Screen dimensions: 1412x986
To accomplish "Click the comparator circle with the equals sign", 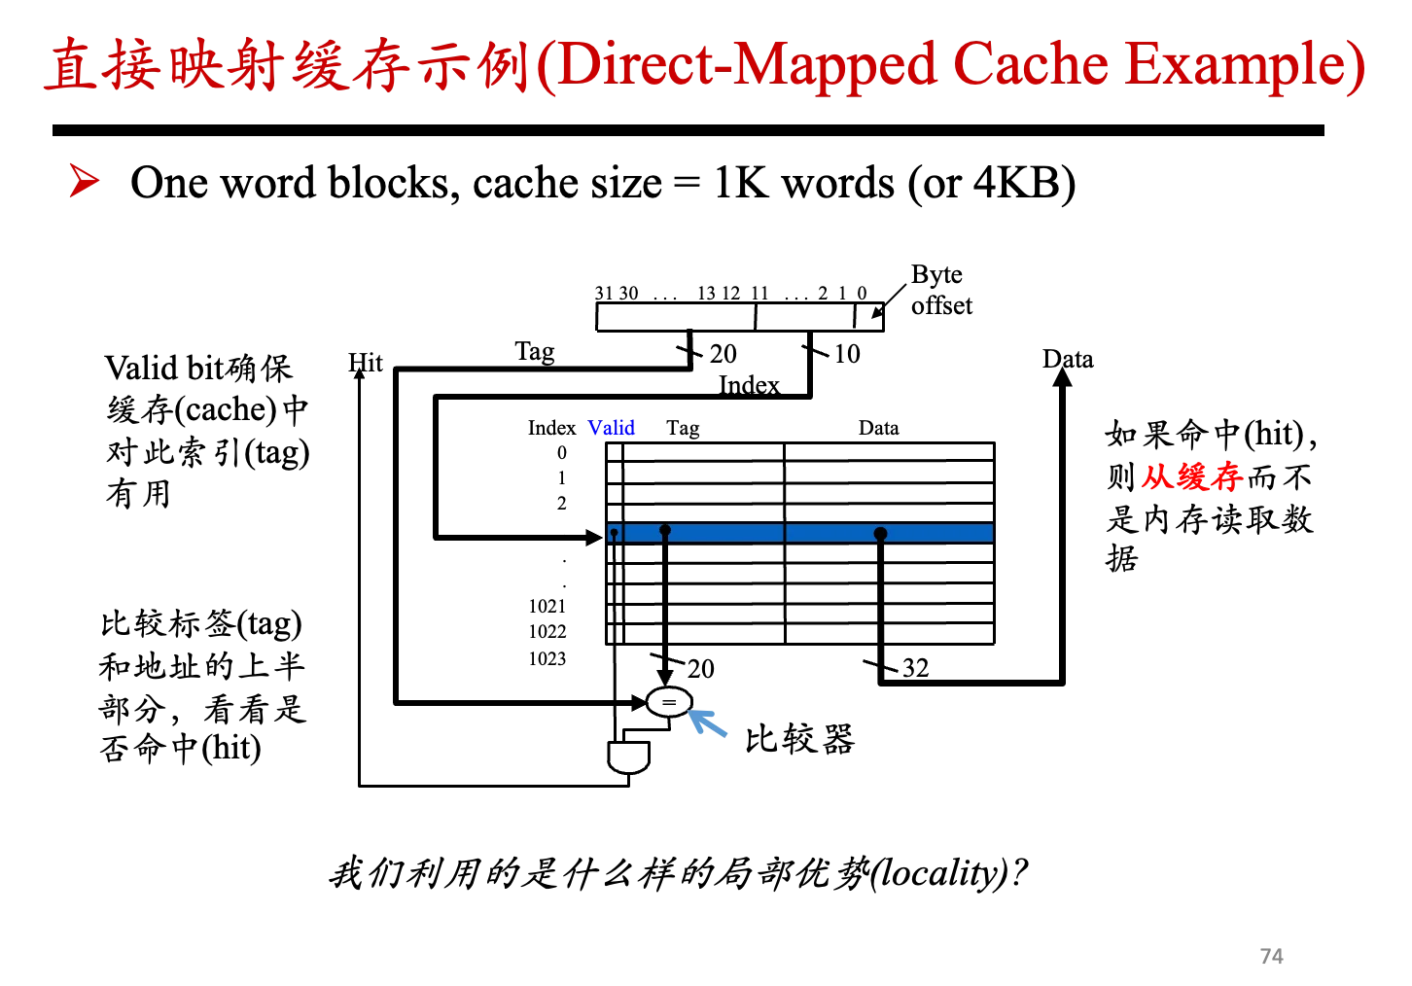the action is pos(669,702).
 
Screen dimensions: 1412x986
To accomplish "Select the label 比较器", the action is pos(799,739).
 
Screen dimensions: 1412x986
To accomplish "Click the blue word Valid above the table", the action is pos(611,428).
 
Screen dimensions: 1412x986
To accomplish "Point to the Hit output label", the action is pos(366,363).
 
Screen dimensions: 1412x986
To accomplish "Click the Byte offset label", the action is pos(941,290).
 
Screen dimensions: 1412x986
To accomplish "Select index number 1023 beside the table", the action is pos(547,659).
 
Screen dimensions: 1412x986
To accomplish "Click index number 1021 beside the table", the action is pos(547,606).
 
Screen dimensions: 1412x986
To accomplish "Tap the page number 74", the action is pos(1271,956).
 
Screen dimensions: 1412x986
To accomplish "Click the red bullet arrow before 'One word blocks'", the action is pos(85,181).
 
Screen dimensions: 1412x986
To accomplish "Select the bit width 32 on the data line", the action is pos(915,668).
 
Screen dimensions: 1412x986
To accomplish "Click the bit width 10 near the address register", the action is pos(847,354).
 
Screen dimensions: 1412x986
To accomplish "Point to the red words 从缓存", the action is pos(1191,476).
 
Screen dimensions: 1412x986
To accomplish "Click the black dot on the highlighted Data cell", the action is pos(881,534).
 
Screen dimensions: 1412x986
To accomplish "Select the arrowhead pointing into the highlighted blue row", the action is pos(594,538).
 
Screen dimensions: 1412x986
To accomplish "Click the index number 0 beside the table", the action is pos(562,453).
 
